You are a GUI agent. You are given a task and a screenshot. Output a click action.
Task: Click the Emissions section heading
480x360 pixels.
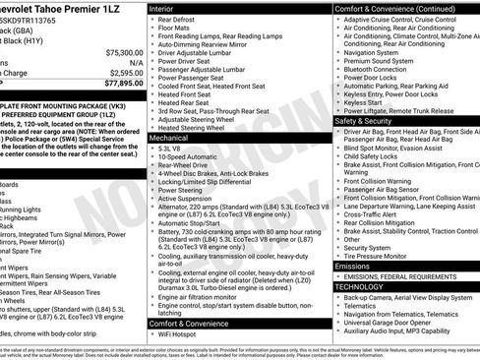[x=353, y=266]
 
